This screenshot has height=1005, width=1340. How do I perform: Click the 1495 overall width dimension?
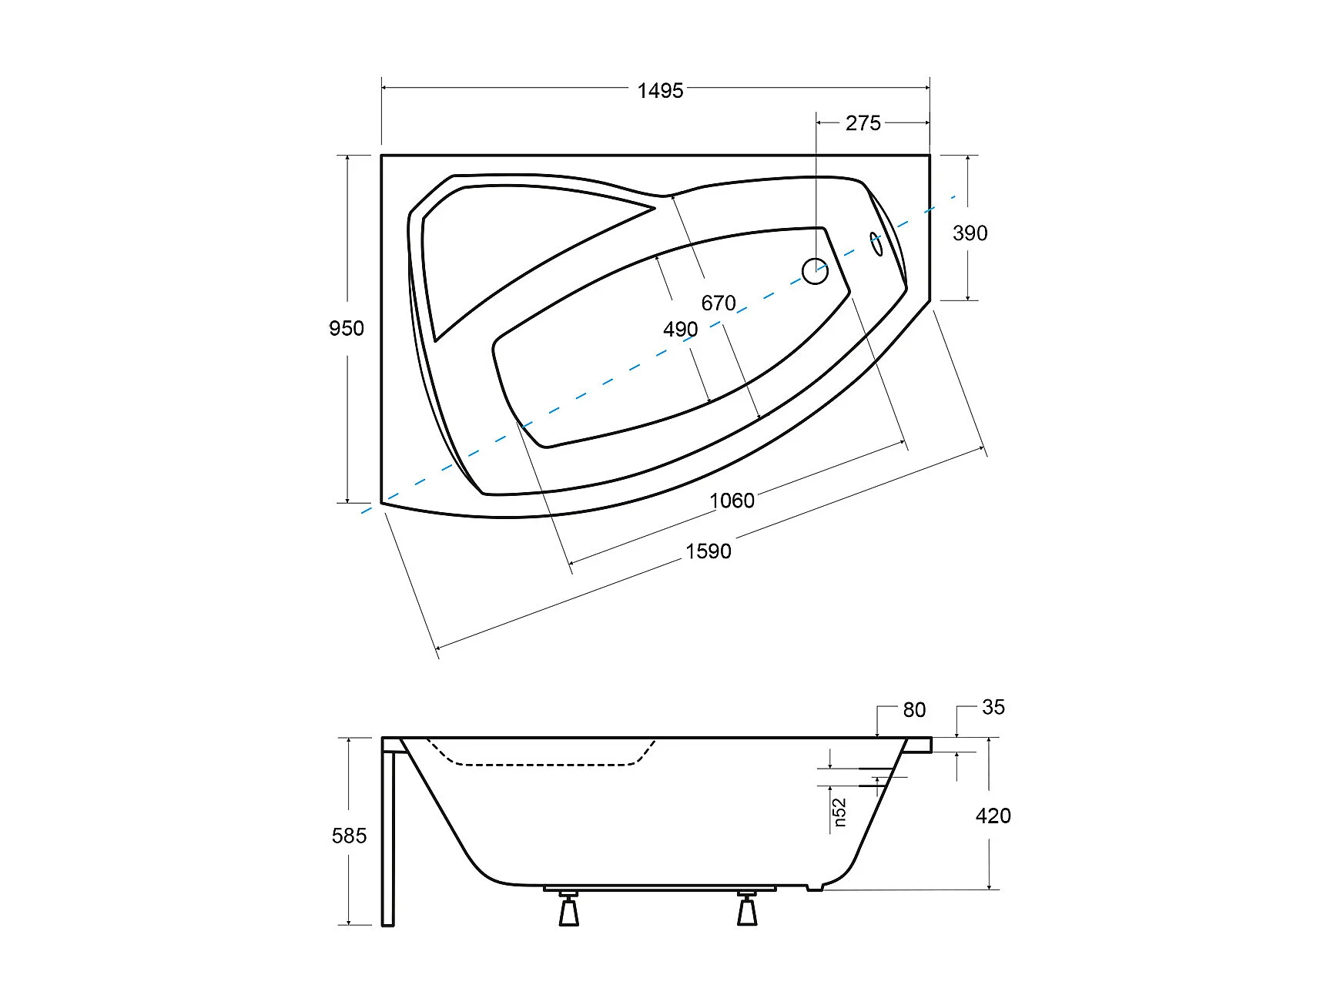pyautogui.click(x=660, y=91)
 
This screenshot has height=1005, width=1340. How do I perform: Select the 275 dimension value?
pyautogui.click(x=863, y=123)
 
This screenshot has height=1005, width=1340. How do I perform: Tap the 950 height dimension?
pyautogui.click(x=347, y=329)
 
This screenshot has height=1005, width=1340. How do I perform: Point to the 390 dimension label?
pyautogui.click(x=970, y=233)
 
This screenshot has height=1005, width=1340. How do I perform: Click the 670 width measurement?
pyautogui.click(x=719, y=303)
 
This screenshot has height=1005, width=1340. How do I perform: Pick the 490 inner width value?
pyautogui.click(x=681, y=330)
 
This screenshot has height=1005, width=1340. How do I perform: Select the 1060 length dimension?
pyautogui.click(x=732, y=501)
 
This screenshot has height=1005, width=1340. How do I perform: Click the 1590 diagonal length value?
pyautogui.click(x=709, y=551)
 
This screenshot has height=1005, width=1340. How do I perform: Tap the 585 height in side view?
pyautogui.click(x=349, y=836)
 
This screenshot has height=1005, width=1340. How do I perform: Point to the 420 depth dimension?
pyautogui.click(x=993, y=816)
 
